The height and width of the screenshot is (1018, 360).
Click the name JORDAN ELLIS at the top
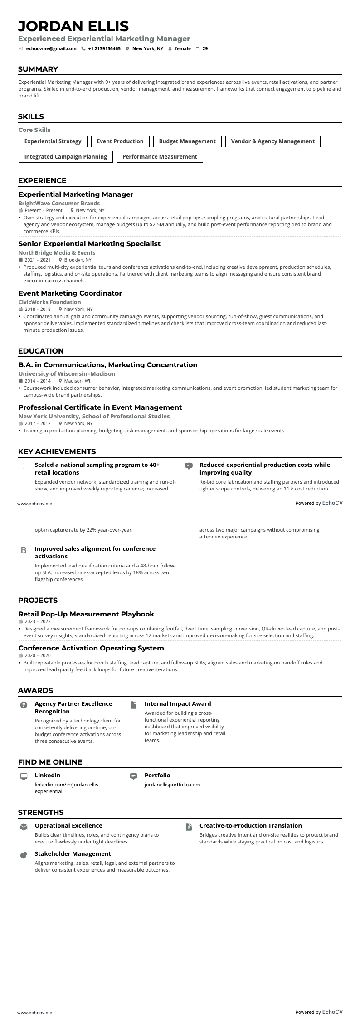[x=73, y=26]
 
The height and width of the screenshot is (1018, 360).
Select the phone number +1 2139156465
[x=104, y=48]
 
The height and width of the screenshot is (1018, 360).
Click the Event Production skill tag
[x=120, y=141]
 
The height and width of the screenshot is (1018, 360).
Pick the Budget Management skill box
[x=187, y=141]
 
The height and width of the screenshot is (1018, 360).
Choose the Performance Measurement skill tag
[x=160, y=157]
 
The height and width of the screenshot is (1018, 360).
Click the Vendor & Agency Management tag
[x=272, y=141]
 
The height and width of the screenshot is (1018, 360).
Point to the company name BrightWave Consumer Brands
[x=59, y=204]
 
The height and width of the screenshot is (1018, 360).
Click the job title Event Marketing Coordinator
[x=70, y=293]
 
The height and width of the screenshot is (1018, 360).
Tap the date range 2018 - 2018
[x=38, y=310]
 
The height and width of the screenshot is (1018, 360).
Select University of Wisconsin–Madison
[x=67, y=374]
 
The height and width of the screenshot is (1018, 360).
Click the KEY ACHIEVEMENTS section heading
[x=57, y=451]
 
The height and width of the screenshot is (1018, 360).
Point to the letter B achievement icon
[x=24, y=550]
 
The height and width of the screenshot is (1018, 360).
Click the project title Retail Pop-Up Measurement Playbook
[x=86, y=614]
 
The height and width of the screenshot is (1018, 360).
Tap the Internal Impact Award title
[x=178, y=704]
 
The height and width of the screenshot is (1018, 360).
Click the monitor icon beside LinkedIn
[x=24, y=776]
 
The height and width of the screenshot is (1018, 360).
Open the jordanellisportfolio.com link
[x=172, y=785]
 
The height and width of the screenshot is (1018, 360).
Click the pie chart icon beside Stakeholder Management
[x=24, y=855]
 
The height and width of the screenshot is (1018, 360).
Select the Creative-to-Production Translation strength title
[x=250, y=826]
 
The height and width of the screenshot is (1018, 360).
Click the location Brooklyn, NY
[x=78, y=260]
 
